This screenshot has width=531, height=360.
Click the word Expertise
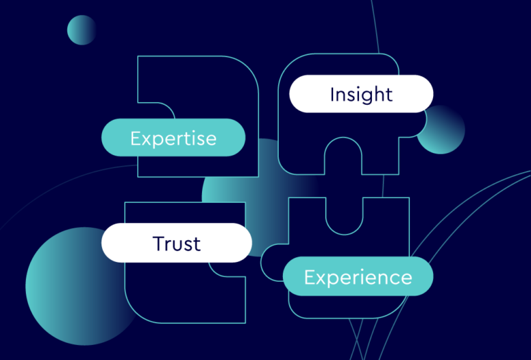pos(173,138)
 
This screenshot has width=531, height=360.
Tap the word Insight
pos(361,94)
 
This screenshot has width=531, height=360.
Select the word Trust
pos(177,243)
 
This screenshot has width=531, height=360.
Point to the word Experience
pos(358,278)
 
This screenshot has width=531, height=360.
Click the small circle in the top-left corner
pos(82,30)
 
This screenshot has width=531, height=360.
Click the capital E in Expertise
pos(135,138)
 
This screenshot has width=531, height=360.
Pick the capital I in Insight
pos(332,94)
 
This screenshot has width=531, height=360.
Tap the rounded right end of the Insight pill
pos(423,94)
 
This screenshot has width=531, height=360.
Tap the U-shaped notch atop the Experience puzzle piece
pos(344,211)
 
